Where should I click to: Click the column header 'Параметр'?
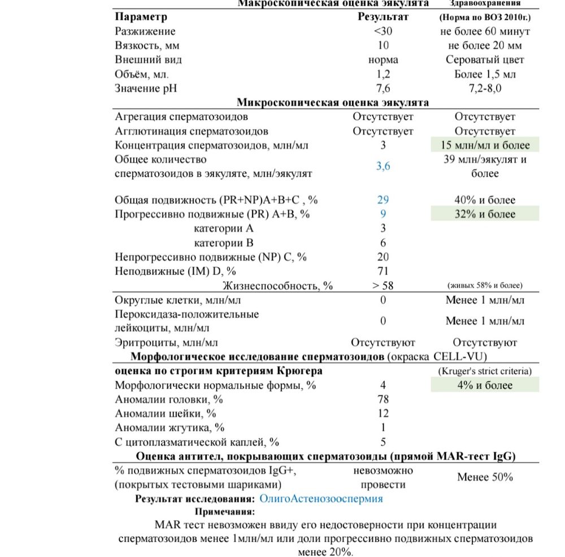click(x=141, y=17)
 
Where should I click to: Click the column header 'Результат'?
click(x=383, y=17)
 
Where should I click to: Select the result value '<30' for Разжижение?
click(x=383, y=32)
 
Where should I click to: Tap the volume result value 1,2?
click(x=383, y=74)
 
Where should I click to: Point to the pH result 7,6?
click(x=383, y=88)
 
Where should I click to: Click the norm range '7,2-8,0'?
click(x=485, y=88)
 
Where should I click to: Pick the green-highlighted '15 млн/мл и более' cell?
click(x=485, y=145)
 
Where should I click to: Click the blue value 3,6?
click(x=383, y=166)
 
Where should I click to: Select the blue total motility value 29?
click(x=383, y=200)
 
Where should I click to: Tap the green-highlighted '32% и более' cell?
click(x=485, y=214)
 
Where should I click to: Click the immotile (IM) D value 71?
click(x=383, y=271)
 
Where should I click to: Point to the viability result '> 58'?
click(x=383, y=286)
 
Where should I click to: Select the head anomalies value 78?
click(x=383, y=399)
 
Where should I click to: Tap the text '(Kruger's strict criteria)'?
click(x=485, y=371)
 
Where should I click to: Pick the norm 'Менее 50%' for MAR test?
click(x=485, y=477)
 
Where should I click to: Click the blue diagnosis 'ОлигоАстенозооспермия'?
click(x=321, y=499)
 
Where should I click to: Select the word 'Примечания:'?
click(x=225, y=511)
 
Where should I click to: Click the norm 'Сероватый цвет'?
click(x=485, y=60)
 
